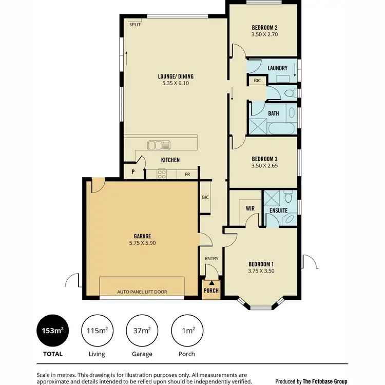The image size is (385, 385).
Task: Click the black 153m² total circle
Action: [x=52, y=330]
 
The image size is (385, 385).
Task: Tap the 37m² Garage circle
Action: [x=142, y=330]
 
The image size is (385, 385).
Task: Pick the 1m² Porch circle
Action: [x=187, y=330]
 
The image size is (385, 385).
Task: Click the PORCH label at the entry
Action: [x=211, y=290]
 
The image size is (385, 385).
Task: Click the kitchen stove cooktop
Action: [x=161, y=175]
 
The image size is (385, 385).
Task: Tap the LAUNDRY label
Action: [x=277, y=68]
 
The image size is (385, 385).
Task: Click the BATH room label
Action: [x=273, y=113]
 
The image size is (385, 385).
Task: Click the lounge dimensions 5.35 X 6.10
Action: [x=176, y=83]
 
